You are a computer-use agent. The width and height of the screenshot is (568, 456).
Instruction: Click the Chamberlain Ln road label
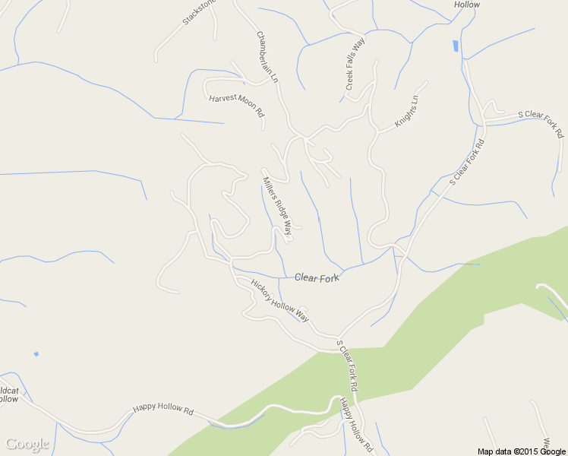267,57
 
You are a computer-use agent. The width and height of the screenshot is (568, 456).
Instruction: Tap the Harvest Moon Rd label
236,105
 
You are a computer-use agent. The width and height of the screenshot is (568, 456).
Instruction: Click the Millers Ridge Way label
277,204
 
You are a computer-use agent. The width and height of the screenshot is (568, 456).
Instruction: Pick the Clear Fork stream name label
317,279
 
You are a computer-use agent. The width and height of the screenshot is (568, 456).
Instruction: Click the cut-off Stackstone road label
199,13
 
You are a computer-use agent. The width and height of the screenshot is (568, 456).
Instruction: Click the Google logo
27,444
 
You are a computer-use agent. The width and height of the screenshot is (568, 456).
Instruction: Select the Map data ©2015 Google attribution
522,451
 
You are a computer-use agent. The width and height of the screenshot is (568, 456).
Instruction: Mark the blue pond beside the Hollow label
455,46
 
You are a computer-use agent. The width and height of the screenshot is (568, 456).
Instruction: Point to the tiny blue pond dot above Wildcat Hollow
36,354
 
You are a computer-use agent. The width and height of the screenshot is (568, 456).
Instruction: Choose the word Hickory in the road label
263,292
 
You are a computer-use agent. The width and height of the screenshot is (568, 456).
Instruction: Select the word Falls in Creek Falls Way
355,65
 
